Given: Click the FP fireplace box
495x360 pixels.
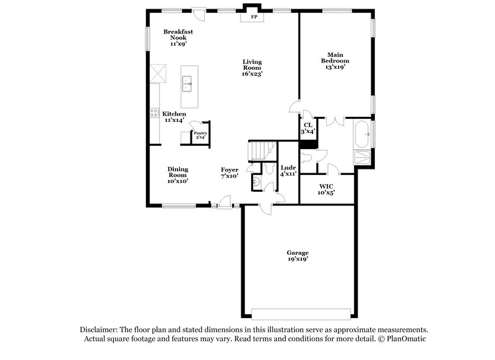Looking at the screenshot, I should click(253, 17).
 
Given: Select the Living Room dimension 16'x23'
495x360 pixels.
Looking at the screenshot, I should click(252, 74).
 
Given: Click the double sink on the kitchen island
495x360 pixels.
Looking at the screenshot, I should click(186, 83).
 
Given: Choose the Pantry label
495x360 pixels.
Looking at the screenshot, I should click(200, 133).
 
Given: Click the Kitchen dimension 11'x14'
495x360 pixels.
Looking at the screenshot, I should click(174, 120).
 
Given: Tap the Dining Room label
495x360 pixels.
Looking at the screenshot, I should click(178, 172).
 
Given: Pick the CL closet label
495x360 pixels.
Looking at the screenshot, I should click(308, 125).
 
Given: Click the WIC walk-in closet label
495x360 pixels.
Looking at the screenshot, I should click(326, 186).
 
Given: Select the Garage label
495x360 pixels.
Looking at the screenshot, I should click(297, 252).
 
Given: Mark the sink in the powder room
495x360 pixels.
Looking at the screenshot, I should click(257, 181).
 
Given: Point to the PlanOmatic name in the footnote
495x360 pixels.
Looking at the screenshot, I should click(407, 340).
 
